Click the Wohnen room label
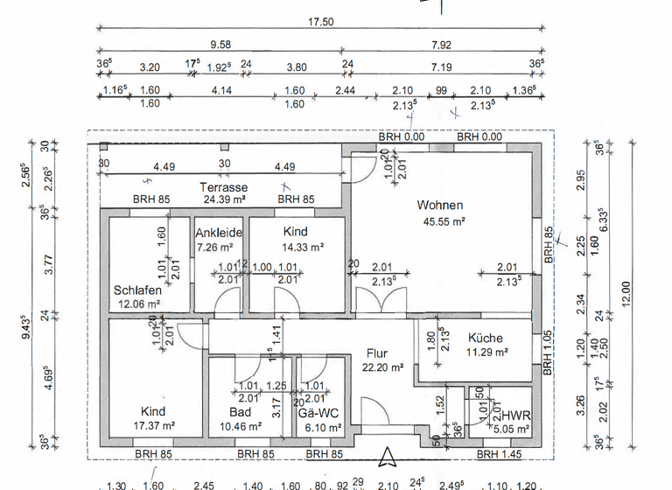(439, 205)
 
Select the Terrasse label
(223, 187)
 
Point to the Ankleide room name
(219, 233)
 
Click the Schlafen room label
(137, 290)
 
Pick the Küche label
(485, 338)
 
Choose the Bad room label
(241, 411)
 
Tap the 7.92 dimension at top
(441, 45)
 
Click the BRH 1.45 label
(500, 454)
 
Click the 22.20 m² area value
(382, 368)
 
